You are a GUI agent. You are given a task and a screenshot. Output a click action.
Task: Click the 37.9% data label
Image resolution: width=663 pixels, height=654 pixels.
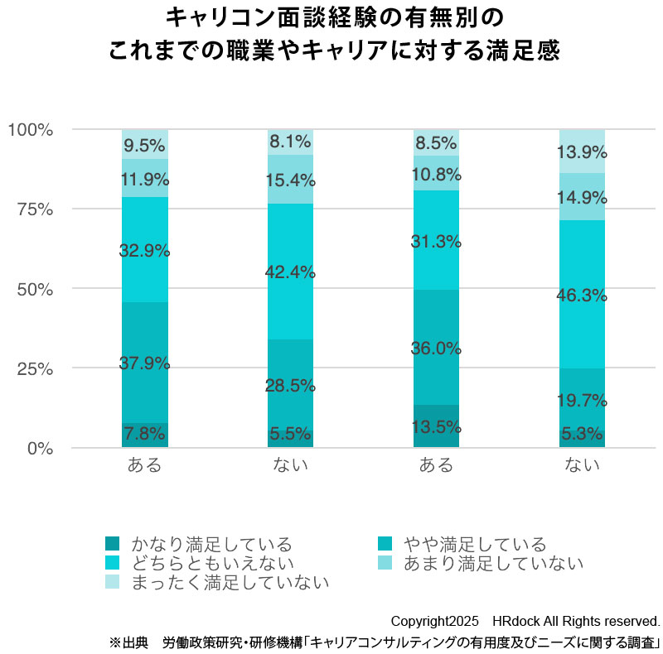[x=144, y=363]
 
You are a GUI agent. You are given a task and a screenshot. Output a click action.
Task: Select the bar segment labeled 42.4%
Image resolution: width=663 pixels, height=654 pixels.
[x=290, y=271]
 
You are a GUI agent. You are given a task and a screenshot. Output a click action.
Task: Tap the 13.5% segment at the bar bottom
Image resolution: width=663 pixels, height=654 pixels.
[x=436, y=426]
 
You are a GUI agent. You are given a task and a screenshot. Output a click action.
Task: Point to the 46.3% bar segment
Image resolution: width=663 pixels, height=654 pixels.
[x=582, y=295]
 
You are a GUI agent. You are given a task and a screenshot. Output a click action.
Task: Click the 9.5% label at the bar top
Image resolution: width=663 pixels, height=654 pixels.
[x=144, y=146]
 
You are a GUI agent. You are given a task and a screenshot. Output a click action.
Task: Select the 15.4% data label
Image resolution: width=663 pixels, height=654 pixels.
[x=290, y=180]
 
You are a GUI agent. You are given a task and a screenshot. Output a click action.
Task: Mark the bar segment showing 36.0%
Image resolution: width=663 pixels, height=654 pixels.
[x=436, y=348]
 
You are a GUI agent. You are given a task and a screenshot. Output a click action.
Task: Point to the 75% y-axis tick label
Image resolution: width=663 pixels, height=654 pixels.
[x=34, y=209]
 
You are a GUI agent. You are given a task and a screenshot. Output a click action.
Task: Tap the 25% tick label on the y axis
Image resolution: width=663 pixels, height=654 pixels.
[x=34, y=368]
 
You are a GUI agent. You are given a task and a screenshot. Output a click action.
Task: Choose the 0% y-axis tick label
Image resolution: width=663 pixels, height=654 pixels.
[x=39, y=448]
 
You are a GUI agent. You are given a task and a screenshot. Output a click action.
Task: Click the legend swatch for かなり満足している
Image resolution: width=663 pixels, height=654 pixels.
[x=112, y=544]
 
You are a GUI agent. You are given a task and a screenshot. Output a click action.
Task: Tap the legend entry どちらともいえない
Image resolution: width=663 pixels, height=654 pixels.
[x=211, y=564]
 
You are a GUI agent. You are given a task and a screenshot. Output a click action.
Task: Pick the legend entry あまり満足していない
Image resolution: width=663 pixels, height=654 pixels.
[x=492, y=564]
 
